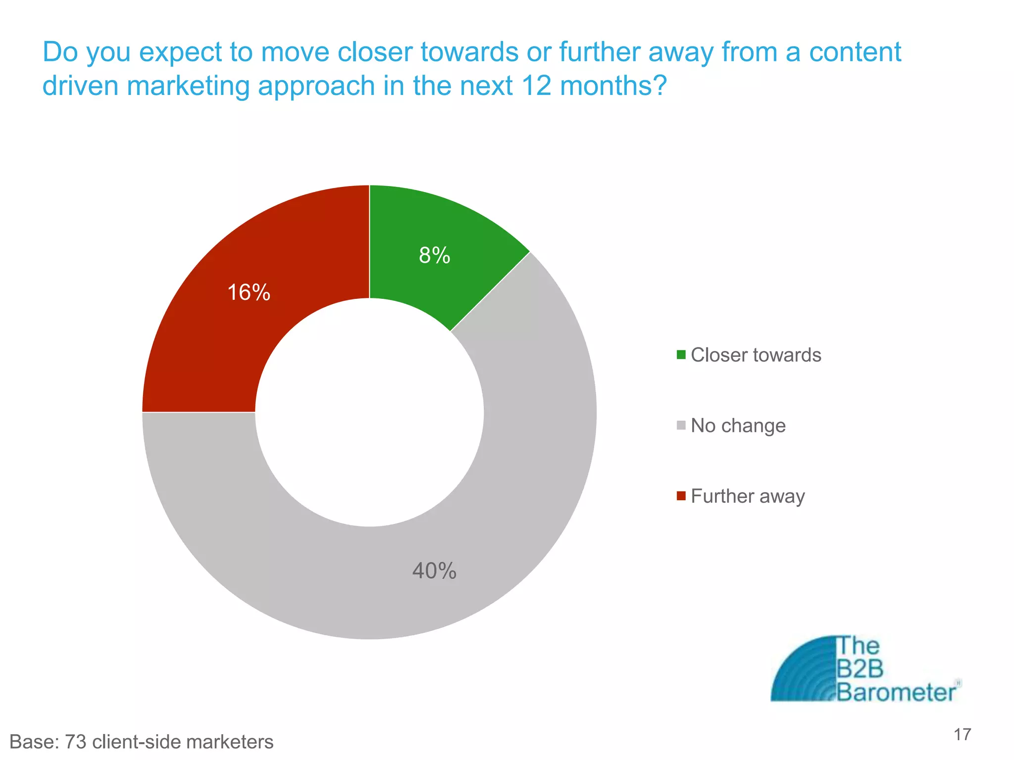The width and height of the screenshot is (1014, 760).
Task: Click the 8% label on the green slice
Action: click(x=434, y=256)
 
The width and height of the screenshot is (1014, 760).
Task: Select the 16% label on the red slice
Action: click(x=249, y=292)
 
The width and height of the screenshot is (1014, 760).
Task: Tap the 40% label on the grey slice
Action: click(x=434, y=571)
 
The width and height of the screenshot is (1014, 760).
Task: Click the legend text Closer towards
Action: click(x=756, y=355)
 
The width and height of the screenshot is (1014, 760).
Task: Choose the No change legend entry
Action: click(x=738, y=426)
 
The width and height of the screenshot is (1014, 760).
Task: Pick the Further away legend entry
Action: click(x=747, y=496)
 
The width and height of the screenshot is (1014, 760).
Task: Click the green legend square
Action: click(x=681, y=355)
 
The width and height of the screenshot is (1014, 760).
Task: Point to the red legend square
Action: click(x=681, y=496)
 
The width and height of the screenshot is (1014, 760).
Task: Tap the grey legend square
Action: click(x=681, y=425)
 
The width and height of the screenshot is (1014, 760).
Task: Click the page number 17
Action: click(x=962, y=734)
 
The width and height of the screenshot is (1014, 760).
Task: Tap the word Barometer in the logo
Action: click(x=896, y=692)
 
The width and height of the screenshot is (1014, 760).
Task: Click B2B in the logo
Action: click(x=860, y=669)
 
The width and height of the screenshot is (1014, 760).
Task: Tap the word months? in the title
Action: click(x=613, y=86)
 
